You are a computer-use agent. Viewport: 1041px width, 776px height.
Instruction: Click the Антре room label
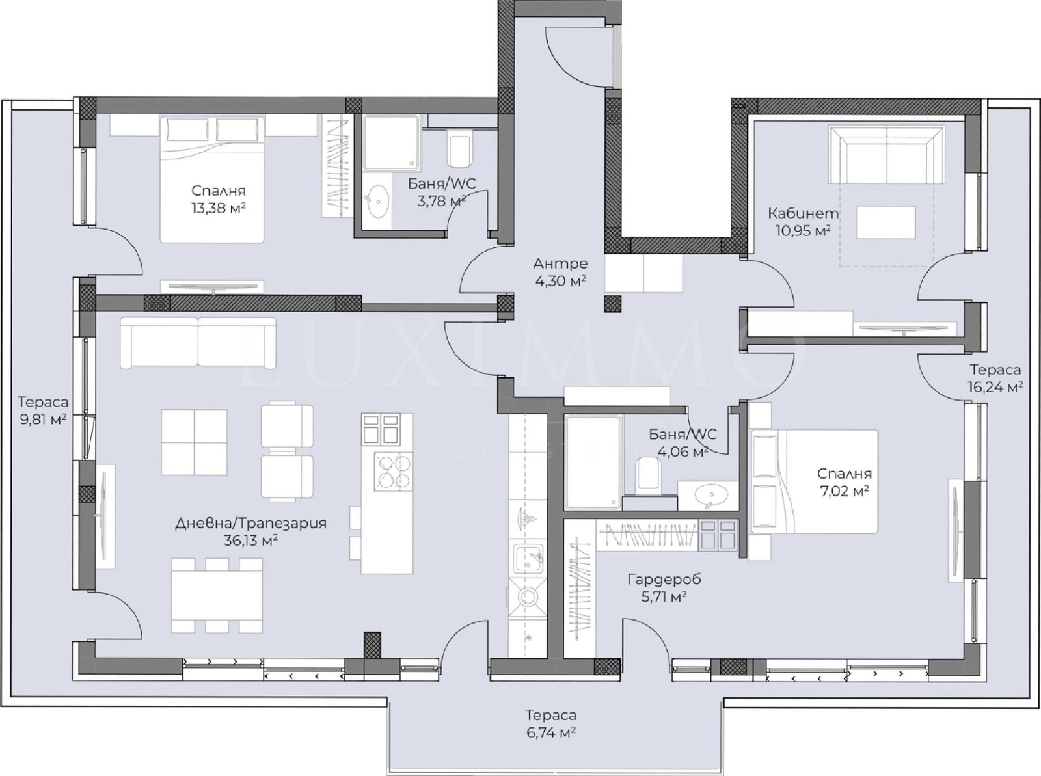[560, 263]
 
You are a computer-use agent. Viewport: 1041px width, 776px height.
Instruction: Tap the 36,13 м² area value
[250, 541]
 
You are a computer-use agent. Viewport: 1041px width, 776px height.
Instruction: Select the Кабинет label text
[803, 213]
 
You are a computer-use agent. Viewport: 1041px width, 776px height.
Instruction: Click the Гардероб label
[664, 579]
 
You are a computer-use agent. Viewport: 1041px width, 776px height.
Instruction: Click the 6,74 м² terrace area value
[550, 732]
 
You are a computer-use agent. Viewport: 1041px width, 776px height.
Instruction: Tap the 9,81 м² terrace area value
[43, 420]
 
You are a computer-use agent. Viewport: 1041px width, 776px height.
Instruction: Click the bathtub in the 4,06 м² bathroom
[592, 462]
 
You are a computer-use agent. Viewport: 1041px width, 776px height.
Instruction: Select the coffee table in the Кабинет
[886, 222]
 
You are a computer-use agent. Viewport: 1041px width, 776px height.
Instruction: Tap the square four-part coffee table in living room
[195, 442]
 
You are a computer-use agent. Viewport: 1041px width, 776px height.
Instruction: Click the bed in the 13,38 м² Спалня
[212, 179]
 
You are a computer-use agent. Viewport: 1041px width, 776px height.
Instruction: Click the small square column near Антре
[613, 304]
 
